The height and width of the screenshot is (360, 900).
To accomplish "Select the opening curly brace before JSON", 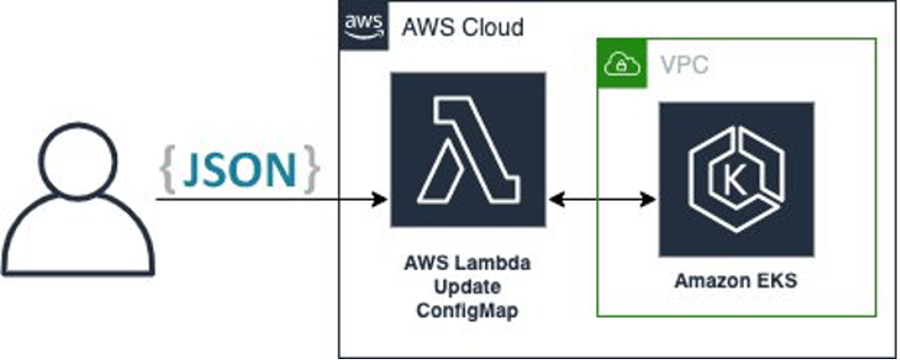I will click(x=169, y=172).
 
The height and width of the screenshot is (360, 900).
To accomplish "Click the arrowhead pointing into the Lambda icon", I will click(x=378, y=198).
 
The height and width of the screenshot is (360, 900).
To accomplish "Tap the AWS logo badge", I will click(x=363, y=26).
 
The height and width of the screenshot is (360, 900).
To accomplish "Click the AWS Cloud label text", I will click(x=462, y=27).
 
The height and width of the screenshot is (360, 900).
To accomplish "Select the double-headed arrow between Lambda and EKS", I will click(x=602, y=198).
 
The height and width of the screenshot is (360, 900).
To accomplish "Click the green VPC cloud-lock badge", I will click(x=617, y=64).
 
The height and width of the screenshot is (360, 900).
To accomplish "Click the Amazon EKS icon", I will click(x=736, y=179).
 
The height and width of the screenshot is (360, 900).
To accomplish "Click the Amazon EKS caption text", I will click(x=736, y=281).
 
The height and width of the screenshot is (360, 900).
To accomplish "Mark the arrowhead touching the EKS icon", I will click(x=650, y=198).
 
